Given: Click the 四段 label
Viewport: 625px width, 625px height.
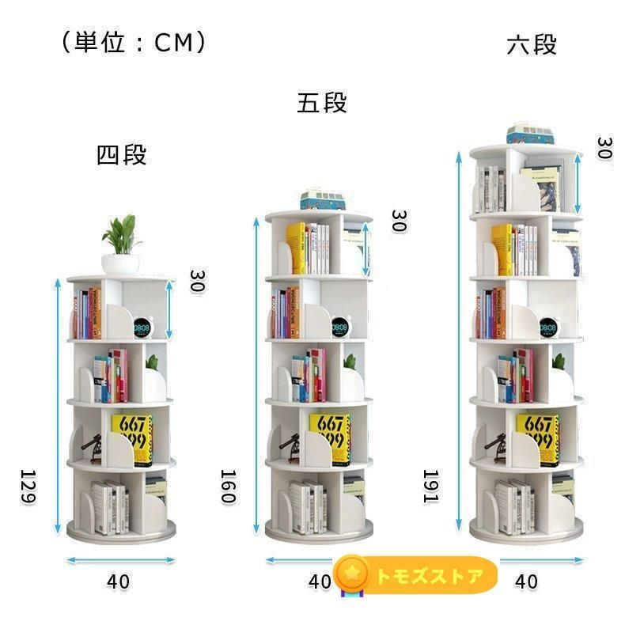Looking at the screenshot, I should click(121, 154).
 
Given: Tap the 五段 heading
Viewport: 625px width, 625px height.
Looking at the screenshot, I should click(322, 103).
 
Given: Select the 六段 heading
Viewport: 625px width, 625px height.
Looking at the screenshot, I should click(532, 44).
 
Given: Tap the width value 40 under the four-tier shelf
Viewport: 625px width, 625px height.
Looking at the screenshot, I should click(118, 581).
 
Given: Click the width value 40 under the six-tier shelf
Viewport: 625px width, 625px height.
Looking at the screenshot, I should click(526, 581).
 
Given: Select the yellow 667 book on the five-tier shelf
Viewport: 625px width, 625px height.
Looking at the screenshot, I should click(329, 437).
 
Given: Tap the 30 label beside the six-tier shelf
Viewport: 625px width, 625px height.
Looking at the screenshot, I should click(604, 148).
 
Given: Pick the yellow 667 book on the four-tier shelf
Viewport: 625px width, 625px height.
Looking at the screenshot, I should click(131, 438).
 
